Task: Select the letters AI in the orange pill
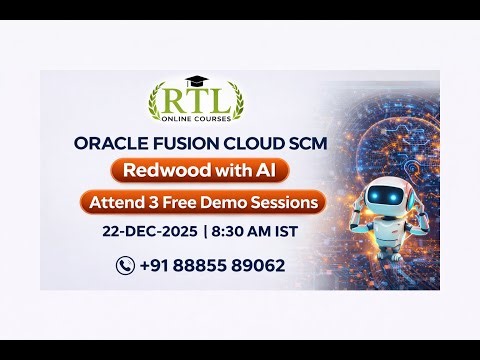tap(260, 170)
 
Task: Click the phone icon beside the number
tap(125, 265)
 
